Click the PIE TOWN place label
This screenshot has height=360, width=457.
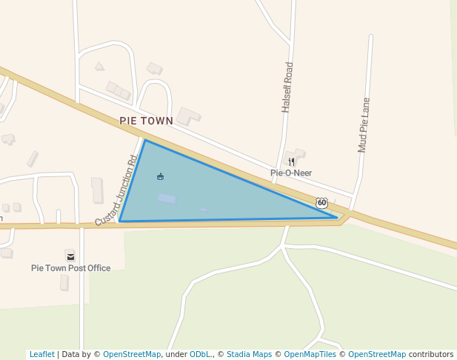146,121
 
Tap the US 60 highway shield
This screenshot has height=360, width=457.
321,202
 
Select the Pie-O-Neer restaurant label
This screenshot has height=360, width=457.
291,173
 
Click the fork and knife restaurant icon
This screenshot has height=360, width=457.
292,161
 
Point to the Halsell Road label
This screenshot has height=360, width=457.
287,87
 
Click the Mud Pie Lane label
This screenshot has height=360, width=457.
364,124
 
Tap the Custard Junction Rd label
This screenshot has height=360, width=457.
117,190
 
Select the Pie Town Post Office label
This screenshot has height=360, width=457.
70,268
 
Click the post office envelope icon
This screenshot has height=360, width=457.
70,256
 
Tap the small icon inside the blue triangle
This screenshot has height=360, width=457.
161,176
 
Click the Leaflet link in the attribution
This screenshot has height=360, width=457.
41,355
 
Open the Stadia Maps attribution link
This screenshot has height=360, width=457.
249,355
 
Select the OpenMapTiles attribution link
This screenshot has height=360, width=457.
310,355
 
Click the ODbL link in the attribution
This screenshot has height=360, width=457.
201,355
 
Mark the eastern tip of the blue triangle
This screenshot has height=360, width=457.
338,218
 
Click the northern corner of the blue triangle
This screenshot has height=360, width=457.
145,140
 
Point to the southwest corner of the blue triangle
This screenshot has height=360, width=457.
119,221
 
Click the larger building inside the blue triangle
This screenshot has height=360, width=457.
167,199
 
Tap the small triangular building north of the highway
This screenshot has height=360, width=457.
99,66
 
